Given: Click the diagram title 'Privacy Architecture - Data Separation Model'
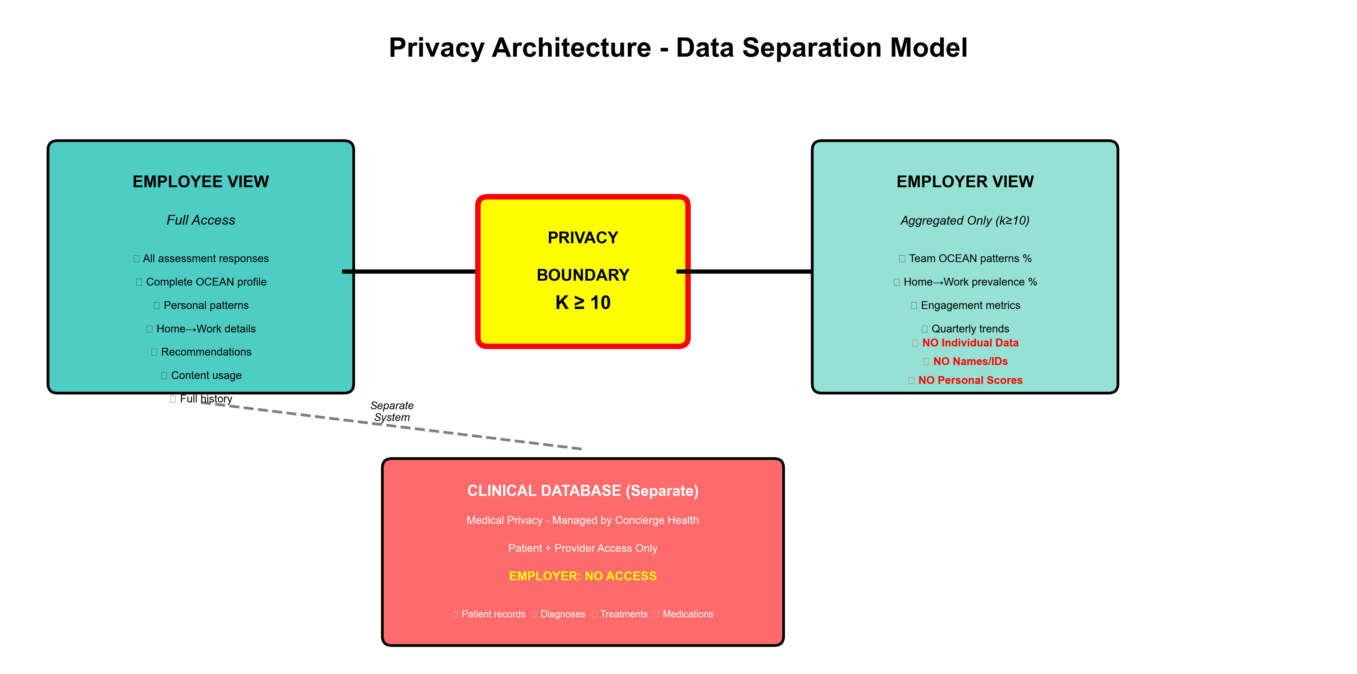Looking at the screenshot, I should [x=678, y=48].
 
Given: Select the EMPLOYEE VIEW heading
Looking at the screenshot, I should [x=201, y=182].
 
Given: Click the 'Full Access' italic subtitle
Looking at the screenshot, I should [x=201, y=220].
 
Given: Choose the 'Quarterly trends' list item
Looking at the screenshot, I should [x=969, y=329].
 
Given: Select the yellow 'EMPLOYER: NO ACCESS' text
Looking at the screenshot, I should [x=583, y=576].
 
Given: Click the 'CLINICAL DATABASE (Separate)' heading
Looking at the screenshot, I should [x=583, y=491].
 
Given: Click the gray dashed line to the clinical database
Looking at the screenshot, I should [x=474, y=435].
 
